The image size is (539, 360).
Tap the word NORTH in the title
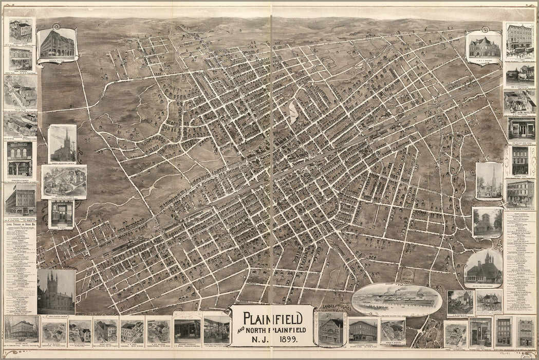[x=261, y=329]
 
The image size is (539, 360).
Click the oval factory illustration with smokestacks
[x=397, y=299]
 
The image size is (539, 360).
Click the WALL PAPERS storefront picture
[x=20, y=159]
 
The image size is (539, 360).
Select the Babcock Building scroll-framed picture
[x=57, y=43]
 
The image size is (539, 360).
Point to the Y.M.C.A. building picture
[x=484, y=46]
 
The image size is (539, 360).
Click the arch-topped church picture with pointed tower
[x=483, y=268]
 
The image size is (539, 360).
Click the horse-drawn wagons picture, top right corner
[x=519, y=40]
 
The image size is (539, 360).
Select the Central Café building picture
[x=519, y=160]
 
